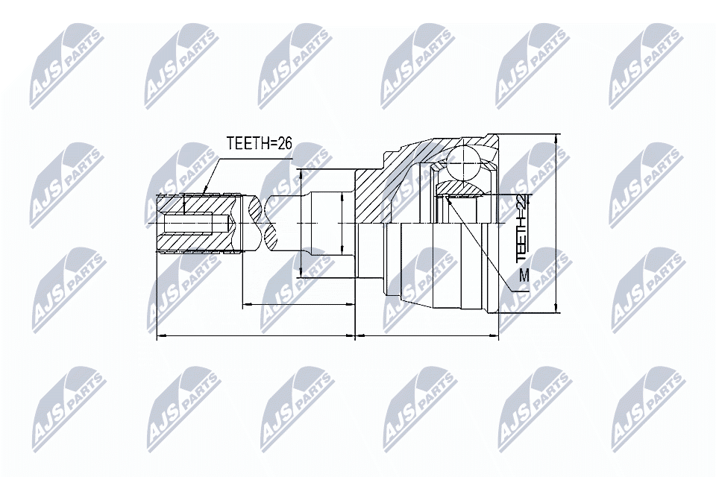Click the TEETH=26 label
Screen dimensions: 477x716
point(259,144)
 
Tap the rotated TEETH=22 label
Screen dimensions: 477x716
point(522,227)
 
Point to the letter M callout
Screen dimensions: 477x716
point(524,276)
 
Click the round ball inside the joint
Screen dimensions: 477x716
point(464,162)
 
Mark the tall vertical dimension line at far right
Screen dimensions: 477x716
point(558,224)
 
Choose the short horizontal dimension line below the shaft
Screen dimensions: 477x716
point(298,304)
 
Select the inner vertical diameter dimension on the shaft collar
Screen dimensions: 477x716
point(341,223)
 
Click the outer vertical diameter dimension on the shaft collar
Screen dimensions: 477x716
point(300,223)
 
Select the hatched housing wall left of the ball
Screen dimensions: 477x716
point(388,186)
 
